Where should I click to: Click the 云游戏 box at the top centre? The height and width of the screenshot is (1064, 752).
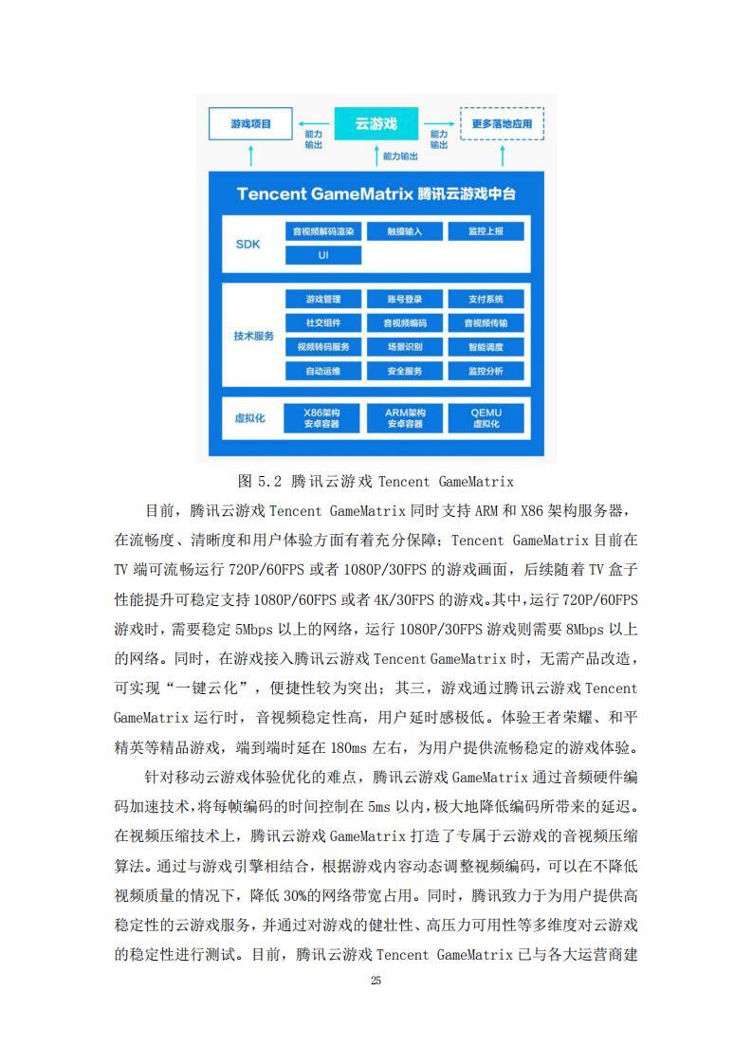pyautogui.click(x=375, y=124)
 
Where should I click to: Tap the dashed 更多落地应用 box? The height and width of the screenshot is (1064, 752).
pyautogui.click(x=502, y=124)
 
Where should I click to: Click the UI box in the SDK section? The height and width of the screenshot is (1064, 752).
pyautogui.click(x=323, y=255)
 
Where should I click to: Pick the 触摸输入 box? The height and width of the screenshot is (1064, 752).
pyautogui.click(x=404, y=231)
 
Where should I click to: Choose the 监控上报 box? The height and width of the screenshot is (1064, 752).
pyautogui.click(x=485, y=231)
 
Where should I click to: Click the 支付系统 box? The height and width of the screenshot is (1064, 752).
pyautogui.click(x=485, y=299)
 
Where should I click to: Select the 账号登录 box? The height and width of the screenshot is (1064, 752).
pyautogui.click(x=404, y=299)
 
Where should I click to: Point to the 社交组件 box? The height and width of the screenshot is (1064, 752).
pyautogui.click(x=323, y=322)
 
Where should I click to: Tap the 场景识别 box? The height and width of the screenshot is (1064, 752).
pyautogui.click(x=404, y=346)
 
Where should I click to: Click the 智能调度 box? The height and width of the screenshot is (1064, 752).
pyautogui.click(x=485, y=346)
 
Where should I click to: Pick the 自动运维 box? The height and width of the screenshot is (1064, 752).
pyautogui.click(x=323, y=371)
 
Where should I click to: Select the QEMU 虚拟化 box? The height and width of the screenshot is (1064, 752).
pyautogui.click(x=485, y=418)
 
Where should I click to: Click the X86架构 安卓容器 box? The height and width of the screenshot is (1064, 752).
pyautogui.click(x=323, y=418)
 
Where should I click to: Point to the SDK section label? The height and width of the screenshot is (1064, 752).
pyautogui.click(x=248, y=244)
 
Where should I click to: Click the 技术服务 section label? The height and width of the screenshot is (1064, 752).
pyautogui.click(x=253, y=336)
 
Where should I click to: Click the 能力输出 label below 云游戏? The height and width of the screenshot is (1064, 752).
pyautogui.click(x=398, y=155)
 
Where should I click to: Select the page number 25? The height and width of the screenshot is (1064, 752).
pyautogui.click(x=376, y=980)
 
